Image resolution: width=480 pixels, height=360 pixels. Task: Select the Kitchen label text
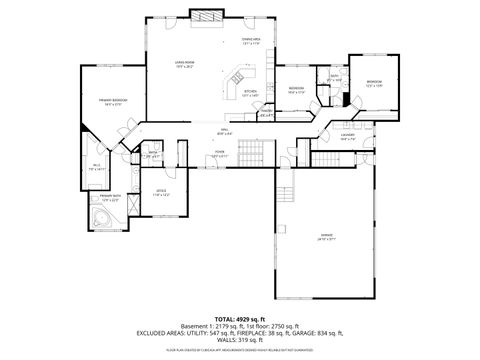pos(250,94)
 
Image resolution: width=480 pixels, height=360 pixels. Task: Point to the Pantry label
pos(267,113)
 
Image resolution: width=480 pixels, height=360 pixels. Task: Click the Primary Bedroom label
pos(111,101)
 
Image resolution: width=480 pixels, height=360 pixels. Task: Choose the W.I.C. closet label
pos(97,167)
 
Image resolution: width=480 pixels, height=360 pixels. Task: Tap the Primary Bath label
pos(109,197)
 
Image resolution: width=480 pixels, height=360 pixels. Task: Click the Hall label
pos(226,132)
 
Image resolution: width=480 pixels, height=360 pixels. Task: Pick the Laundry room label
pos(347,137)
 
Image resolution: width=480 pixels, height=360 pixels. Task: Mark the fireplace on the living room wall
pos(208,17)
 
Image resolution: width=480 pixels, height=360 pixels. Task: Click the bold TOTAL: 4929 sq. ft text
pos(239,318)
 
